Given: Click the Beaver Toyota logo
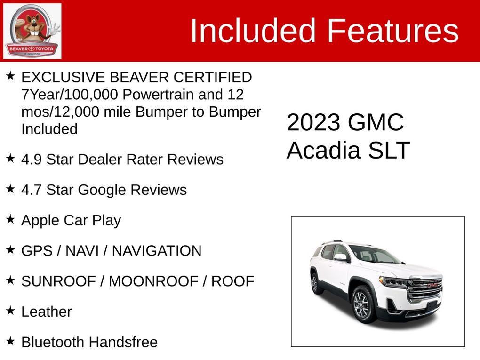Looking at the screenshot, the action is pos(32,31).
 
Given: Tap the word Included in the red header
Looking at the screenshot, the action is pos(253,31).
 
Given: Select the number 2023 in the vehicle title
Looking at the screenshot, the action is pos(313,122).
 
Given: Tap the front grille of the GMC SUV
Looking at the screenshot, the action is pos(426,289).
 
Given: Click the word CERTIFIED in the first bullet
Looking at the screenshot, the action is pos(213,77).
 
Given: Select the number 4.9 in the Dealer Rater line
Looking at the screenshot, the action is pos(31,160).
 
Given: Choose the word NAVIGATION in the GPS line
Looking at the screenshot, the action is pos(157,251).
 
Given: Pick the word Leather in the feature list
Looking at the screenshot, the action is pos(47,312).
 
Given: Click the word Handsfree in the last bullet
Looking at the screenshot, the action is pos(123,342).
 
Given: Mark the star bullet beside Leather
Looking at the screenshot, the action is pos(10,311).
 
